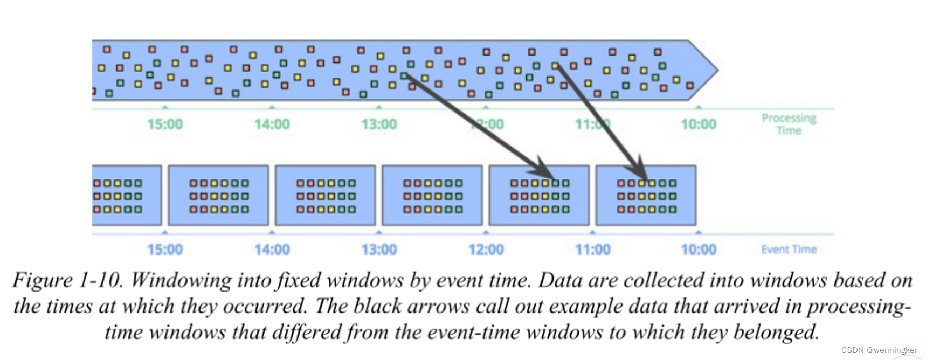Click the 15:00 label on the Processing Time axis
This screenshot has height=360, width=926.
point(165,124)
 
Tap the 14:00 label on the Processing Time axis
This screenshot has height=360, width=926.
point(272,124)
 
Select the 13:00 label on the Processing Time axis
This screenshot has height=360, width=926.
point(379,124)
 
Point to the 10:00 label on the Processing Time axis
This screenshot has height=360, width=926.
point(699,124)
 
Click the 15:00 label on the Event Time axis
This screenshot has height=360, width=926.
point(165,250)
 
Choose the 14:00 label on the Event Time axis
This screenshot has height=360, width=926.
point(272,250)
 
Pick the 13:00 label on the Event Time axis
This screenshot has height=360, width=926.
point(379,250)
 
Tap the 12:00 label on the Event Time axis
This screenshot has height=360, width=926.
point(486,250)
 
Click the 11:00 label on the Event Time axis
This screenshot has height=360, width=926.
point(592,250)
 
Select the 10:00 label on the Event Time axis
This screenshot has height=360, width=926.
point(699,250)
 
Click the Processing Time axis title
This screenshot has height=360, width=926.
point(789,124)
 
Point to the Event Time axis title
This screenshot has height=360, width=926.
point(789,250)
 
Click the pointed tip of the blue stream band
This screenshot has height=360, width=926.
point(716,70)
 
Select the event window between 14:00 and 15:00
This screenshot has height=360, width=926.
point(218,195)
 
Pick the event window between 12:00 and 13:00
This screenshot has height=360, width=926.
point(432,195)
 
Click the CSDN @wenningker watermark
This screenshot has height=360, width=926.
point(879,350)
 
